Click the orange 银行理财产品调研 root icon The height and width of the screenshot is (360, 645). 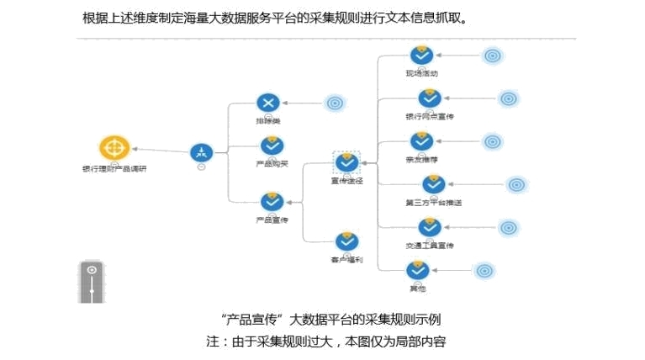tap(115, 148)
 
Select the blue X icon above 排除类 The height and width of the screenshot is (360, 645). tap(268, 103)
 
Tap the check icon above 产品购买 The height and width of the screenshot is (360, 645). tap(272, 146)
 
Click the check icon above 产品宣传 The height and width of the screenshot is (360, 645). tap(272, 201)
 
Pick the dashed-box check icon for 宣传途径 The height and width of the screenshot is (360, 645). tap(346, 162)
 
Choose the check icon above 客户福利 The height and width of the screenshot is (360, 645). tap(346, 241)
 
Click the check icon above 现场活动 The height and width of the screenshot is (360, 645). tap(421, 56)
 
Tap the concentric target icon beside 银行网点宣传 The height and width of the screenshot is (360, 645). tap(508, 99)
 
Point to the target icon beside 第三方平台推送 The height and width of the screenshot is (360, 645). tap(516, 184)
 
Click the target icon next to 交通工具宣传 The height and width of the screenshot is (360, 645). tap(508, 228)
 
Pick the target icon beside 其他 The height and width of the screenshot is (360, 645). tap(484, 271)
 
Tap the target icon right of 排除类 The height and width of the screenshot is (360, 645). tap(335, 103)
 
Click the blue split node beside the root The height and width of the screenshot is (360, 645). tap(201, 153)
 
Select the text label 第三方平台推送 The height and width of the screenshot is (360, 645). tap(433, 203)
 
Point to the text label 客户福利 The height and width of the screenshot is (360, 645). tap(346, 260)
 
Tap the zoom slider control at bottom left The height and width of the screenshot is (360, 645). tap(92, 282)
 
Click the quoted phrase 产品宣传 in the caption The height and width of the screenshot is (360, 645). tap(253, 320)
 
